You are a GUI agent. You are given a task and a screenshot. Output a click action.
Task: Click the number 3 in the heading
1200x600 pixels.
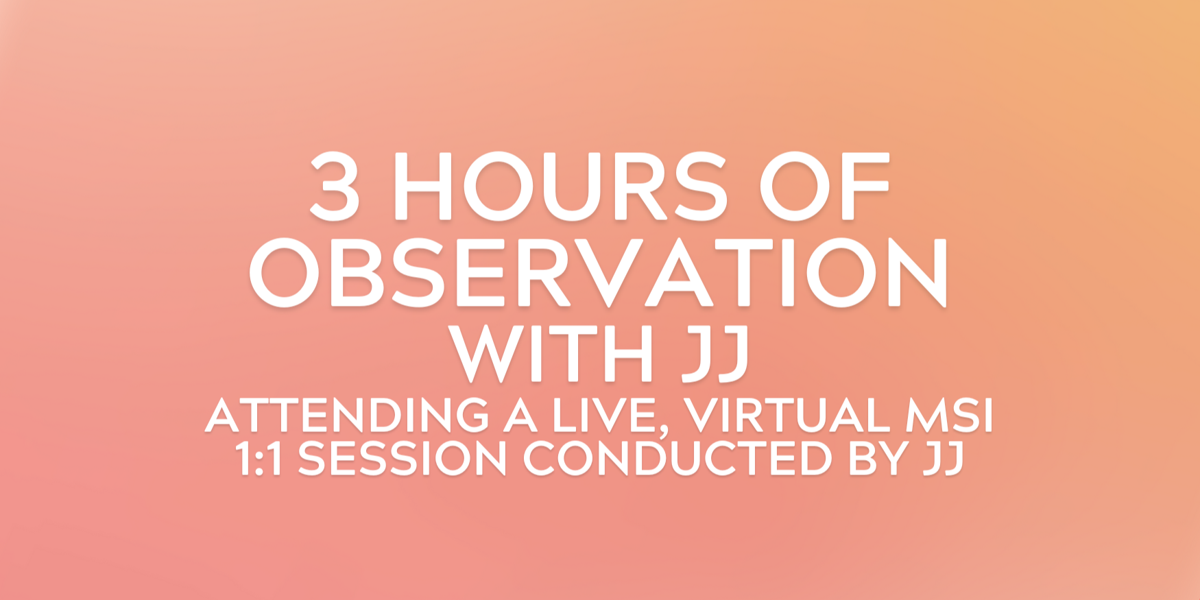pos(335,186)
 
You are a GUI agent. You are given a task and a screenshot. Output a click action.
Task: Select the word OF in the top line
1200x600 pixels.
pos(824,186)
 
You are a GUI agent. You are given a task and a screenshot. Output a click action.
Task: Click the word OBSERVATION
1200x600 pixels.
pos(599,272)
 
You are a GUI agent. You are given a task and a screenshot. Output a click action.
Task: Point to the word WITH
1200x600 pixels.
pos(551,353)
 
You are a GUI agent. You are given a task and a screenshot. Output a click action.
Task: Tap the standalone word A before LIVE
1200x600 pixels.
pos(520,415)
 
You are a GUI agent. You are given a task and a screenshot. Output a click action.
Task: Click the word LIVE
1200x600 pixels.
pos(604,415)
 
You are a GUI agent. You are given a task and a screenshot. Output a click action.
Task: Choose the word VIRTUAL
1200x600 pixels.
pos(787,415)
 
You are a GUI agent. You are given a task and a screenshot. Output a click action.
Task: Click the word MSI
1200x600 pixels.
pos(949,415)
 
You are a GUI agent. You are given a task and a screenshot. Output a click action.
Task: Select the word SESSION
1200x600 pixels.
pos(403,458)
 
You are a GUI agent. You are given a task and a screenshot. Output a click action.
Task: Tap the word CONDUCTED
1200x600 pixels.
pos(678,458)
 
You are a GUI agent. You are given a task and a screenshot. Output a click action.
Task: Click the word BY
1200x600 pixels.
pos(879,458)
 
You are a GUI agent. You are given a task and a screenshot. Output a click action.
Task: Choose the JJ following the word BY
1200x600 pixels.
pos(944,458)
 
